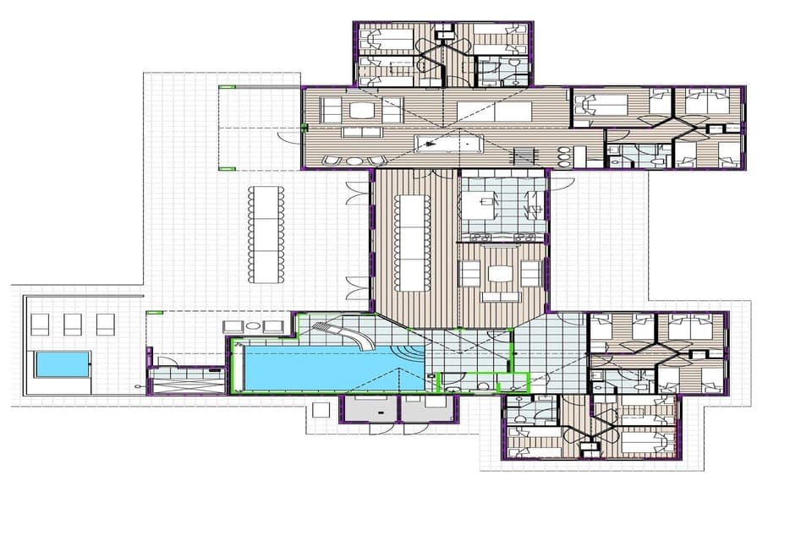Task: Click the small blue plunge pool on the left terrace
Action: tap(62, 364)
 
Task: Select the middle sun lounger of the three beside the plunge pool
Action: tap(73, 324)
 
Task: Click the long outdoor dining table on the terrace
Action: tap(266, 234)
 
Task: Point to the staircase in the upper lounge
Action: tap(525, 156)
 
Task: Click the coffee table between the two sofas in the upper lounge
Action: tap(362, 110)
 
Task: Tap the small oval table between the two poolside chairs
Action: tap(251, 326)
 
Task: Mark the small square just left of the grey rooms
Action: tap(321, 410)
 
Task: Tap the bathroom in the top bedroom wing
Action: tap(502, 71)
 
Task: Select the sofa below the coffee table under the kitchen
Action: tap(501, 297)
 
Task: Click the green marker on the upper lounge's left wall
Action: tap(304, 128)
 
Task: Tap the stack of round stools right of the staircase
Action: tap(564, 157)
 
